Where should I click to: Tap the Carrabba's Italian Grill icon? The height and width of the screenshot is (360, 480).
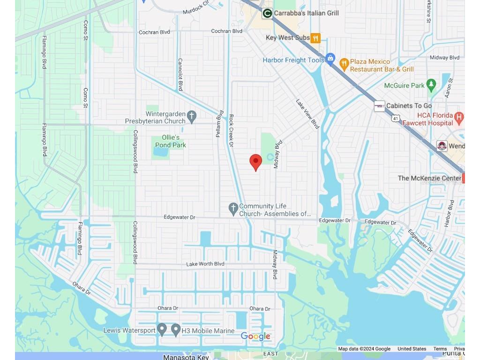tap(267, 14)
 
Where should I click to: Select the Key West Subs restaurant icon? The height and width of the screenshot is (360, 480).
tap(316, 38)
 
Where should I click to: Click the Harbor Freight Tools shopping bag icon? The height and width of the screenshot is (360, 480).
tap(330, 58)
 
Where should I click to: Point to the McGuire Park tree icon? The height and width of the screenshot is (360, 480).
tap(432, 85)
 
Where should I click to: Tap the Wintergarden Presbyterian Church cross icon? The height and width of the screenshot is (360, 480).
tap(191, 115)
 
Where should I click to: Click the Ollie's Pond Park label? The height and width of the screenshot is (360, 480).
tap(171, 141)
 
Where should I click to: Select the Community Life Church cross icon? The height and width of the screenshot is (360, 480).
tap(233, 208)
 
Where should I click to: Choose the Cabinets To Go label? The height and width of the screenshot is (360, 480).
tap(409, 106)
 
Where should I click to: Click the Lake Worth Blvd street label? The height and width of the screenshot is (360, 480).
tap(205, 264)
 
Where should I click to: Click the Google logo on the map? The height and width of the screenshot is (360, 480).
tap(255, 336)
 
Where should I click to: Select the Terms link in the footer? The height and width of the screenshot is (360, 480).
tap(440, 349)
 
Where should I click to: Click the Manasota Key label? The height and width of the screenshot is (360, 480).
tap(186, 357)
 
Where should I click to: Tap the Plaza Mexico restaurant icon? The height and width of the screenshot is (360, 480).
tap(344, 63)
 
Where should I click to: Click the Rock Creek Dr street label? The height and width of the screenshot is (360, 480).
tap(231, 131)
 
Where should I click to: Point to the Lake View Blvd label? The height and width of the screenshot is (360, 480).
tap(307, 114)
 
